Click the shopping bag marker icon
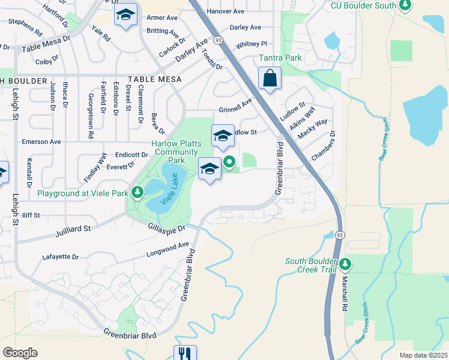click(x=270, y=78)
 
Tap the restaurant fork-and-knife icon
click(x=184, y=354)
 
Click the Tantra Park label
click(x=280, y=58)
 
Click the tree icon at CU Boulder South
click(x=405, y=5)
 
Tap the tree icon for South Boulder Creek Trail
click(x=345, y=263)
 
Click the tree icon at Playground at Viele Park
click(x=138, y=193)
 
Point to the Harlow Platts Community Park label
click(x=176, y=152)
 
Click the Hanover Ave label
click(x=225, y=11)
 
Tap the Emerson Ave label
click(x=41, y=142)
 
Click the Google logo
click(x=20, y=352)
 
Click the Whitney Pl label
click(x=251, y=44)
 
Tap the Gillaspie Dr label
click(x=166, y=227)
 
